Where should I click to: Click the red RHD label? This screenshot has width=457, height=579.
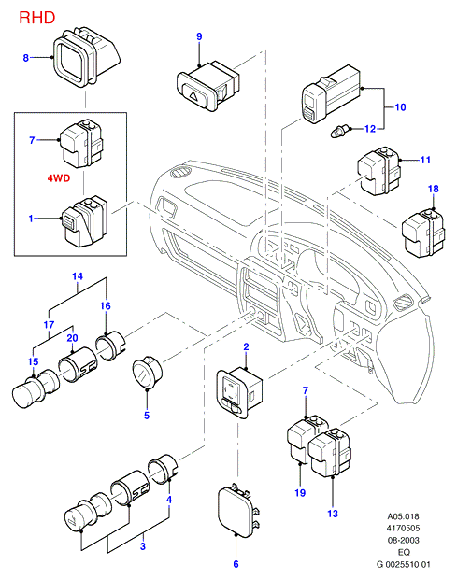[37, 18]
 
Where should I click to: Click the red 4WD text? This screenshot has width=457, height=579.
[59, 178]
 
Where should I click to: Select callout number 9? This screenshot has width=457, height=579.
[199, 36]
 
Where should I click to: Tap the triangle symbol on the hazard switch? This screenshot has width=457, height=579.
[193, 96]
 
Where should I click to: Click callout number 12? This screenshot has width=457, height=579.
[370, 129]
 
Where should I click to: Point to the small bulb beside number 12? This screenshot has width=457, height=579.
[339, 131]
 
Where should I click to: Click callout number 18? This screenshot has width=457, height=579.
[433, 189]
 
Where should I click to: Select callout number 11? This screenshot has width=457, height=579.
[425, 160]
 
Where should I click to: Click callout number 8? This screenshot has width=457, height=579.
[25, 58]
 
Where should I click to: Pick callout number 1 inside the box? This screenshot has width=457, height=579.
[31, 219]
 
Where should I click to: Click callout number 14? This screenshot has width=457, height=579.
[78, 276]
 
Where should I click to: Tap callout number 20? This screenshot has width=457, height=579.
[72, 338]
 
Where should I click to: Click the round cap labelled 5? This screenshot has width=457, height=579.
[147, 374]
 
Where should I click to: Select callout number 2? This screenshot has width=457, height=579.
[246, 346]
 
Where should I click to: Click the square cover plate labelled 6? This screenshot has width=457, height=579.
[236, 512]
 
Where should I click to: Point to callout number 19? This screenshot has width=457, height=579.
[300, 493]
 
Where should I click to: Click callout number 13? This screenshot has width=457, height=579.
[333, 514]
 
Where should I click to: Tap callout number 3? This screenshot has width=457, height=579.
[143, 546]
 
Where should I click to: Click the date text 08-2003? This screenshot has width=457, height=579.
[404, 540]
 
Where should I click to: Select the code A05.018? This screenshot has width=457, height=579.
[404, 516]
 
